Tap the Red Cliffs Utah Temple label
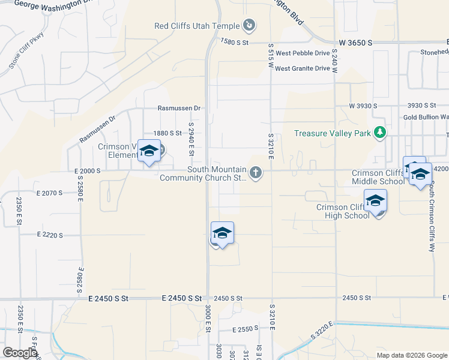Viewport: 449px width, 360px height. point(197,26)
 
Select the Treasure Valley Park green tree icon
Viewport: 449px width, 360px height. point(379,133)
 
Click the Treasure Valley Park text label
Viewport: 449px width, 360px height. point(333,133)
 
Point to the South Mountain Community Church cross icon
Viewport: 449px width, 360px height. point(256,173)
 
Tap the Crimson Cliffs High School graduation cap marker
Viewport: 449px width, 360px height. point(375,200)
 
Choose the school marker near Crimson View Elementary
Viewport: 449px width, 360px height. point(149,151)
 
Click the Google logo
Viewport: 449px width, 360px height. point(20,353)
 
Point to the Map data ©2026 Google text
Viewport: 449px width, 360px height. point(411,355)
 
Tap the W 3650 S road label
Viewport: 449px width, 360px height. point(355,43)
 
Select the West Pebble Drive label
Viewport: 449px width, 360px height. point(303,53)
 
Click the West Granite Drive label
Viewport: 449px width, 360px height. point(303,68)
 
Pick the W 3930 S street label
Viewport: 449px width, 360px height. point(363,106)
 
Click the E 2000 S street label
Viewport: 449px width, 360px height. point(88,171)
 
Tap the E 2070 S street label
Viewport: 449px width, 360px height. point(50,193)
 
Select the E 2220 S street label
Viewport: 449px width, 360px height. point(50,235)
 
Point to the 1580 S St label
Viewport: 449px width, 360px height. point(235,43)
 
